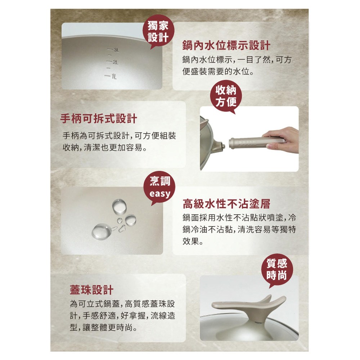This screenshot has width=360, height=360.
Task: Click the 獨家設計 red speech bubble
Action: [x=158, y=31]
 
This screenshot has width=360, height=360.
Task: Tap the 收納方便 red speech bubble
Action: [x=226, y=96]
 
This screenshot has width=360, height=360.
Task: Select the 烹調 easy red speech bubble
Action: [x=159, y=188]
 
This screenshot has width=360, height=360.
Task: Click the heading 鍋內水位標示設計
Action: [x=226, y=45]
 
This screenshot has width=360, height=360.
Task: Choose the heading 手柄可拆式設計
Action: [x=99, y=119]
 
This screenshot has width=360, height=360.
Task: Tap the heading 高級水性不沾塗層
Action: [x=226, y=204]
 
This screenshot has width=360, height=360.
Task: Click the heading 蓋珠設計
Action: [x=91, y=290]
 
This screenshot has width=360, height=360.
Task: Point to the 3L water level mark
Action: [x=113, y=50]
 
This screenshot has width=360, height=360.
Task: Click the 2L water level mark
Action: [x=112, y=62]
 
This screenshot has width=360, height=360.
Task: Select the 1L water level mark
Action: [x=111, y=76]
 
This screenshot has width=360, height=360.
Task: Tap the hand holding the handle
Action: [x=281, y=140]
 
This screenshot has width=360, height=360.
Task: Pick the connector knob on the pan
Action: [x=222, y=146]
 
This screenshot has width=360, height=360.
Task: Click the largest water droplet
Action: [x=101, y=231]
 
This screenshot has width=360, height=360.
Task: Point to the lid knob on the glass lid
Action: [x=250, y=308]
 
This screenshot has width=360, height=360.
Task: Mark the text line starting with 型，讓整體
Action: [x=104, y=327]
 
